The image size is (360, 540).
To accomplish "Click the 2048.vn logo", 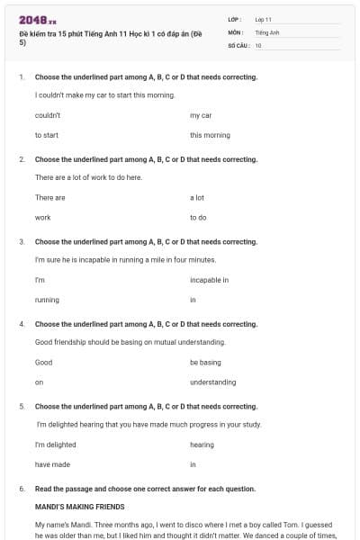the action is pyautogui.click(x=38, y=20).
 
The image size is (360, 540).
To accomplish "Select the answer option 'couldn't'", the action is pyautogui.click(x=48, y=115).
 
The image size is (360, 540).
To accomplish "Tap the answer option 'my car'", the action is pyautogui.click(x=201, y=115).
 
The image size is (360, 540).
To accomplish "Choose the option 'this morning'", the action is pyautogui.click(x=210, y=135).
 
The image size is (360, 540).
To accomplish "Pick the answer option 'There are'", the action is pyautogui.click(x=50, y=197).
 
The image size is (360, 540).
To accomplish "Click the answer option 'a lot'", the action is pyautogui.click(x=197, y=197).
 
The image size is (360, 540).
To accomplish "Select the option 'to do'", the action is pyautogui.click(x=198, y=217).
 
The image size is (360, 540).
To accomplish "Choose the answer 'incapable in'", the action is pyautogui.click(x=209, y=280).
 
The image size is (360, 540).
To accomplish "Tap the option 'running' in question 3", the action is pyautogui.click(x=47, y=300).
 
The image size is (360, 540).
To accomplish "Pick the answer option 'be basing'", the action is pyautogui.click(x=205, y=362).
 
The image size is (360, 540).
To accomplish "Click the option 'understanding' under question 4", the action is pyautogui.click(x=212, y=382).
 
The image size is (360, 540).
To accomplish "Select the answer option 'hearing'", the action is pyautogui.click(x=202, y=445).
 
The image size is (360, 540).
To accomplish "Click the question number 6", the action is pyautogui.click(x=22, y=489).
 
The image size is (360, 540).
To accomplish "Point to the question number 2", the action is pyautogui.click(x=22, y=159).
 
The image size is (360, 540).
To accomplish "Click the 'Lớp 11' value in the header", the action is pyautogui.click(x=263, y=19).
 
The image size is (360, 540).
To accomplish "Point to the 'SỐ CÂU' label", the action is pyautogui.click(x=238, y=44).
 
